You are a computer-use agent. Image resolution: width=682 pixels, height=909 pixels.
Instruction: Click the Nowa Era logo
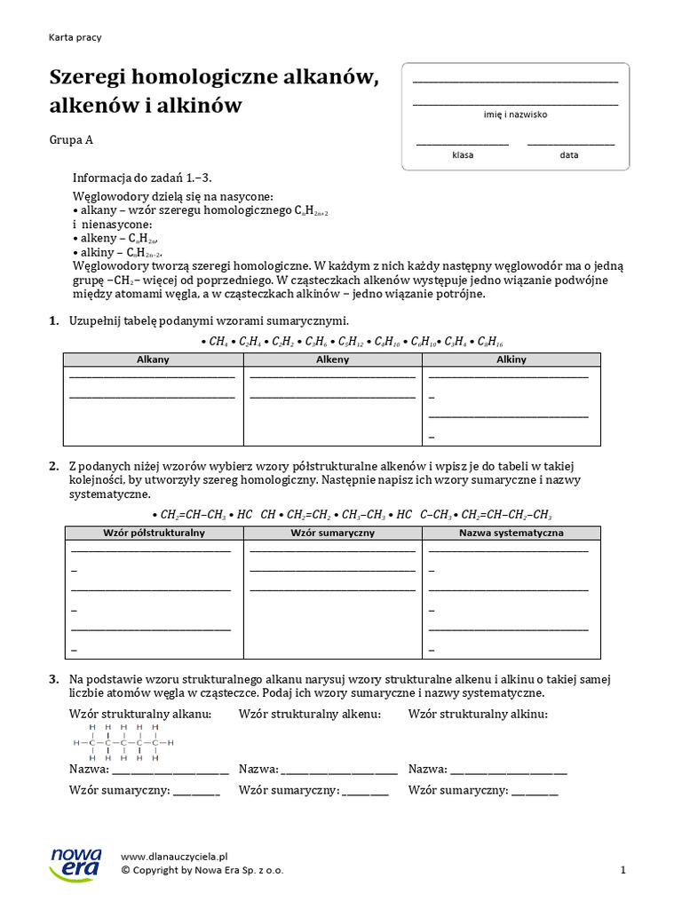(75, 863)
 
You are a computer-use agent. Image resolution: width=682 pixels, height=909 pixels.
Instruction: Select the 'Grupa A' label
(71, 139)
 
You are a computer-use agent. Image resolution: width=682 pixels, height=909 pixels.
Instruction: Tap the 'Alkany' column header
(153, 360)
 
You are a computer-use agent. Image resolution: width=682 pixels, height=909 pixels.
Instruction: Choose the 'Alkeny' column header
(333, 360)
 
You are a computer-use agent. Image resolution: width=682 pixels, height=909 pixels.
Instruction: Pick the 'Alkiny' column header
(511, 360)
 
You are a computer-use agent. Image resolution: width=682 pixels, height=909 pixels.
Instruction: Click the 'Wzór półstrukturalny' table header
(153, 533)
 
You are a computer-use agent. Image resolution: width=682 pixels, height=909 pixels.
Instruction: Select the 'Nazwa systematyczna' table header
(511, 533)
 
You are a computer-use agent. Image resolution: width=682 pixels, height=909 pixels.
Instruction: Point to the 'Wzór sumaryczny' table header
(333, 533)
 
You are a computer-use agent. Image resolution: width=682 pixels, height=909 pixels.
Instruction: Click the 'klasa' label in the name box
(463, 154)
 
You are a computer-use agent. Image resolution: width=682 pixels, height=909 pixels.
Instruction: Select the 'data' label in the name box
(569, 154)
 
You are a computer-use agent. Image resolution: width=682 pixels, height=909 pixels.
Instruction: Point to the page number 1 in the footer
(623, 871)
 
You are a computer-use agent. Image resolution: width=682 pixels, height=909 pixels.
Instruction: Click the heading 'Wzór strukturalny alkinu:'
(478, 714)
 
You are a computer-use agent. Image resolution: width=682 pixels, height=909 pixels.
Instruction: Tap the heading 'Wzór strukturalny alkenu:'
(310, 714)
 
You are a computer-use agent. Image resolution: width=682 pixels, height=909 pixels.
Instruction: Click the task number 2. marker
(53, 466)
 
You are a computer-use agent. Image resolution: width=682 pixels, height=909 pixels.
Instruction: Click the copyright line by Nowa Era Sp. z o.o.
(202, 871)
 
